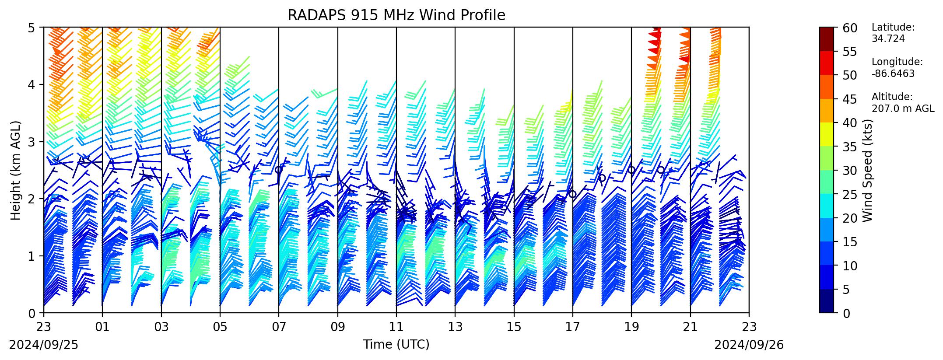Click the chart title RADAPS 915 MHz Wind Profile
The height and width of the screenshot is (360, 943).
coord(396,15)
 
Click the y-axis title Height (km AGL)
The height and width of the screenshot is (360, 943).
coord(16,171)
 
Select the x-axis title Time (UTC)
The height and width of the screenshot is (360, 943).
coord(396,345)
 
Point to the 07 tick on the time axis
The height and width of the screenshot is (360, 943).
coord(279,326)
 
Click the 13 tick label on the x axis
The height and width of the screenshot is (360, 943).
coord(455,326)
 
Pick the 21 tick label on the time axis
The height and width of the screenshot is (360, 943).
coord(690,326)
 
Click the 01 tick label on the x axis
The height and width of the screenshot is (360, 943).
coord(102,326)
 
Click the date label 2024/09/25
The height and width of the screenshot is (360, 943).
coord(44,346)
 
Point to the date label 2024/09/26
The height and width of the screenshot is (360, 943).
coord(749,346)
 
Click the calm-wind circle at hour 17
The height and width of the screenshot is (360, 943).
coord(573,194)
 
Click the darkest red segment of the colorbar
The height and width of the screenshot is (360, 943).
coord(827,39)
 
